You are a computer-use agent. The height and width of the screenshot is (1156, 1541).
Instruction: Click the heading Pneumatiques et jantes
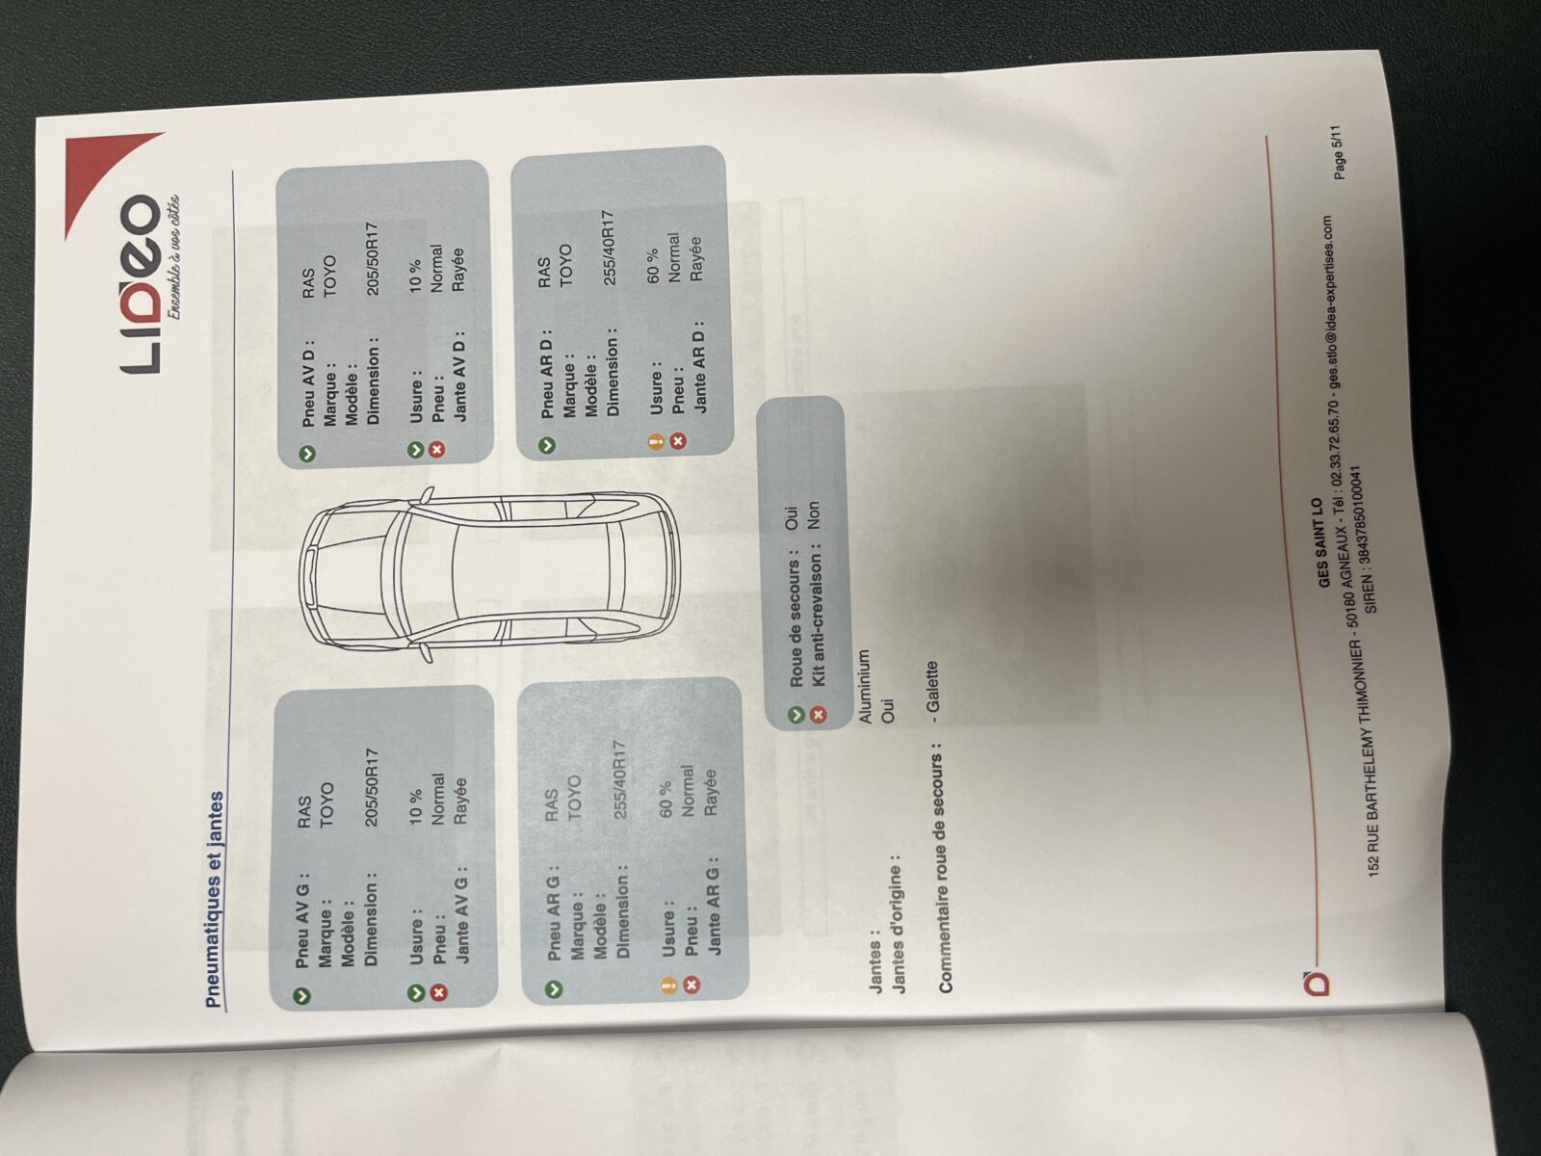(x=216, y=900)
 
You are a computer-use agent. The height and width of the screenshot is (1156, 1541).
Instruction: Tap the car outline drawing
(x=488, y=574)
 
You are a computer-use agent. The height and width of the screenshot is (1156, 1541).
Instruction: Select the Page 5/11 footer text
(x=1338, y=152)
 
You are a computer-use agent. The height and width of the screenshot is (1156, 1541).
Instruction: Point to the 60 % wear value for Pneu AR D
(x=652, y=266)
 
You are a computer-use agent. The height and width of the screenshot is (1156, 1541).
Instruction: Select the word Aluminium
(x=864, y=686)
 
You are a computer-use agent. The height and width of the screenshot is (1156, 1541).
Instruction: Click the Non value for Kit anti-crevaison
(x=813, y=514)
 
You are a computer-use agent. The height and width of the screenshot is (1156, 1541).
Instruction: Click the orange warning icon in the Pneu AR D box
(x=657, y=441)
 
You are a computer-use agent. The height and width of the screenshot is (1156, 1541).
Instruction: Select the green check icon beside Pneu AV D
(x=307, y=454)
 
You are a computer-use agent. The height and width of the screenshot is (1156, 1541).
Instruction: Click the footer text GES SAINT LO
(x=1315, y=542)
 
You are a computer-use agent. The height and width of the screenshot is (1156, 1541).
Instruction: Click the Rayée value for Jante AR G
(x=711, y=792)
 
